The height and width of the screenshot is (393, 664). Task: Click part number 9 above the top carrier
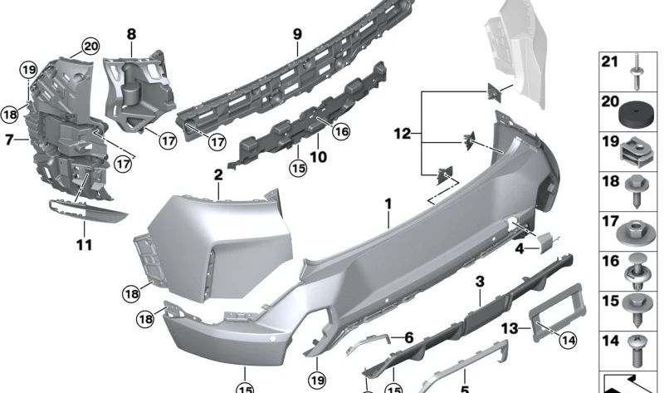click(296, 35)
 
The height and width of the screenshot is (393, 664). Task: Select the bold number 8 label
click(131, 34)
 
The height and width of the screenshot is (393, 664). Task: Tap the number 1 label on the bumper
click(387, 202)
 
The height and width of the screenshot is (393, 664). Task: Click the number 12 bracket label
click(402, 133)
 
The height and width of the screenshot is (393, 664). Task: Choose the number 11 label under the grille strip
click(85, 245)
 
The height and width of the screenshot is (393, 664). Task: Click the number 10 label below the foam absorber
click(318, 155)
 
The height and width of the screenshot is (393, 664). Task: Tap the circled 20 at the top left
click(90, 47)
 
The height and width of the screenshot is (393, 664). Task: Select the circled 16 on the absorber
click(341, 130)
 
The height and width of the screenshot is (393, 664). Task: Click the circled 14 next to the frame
click(568, 338)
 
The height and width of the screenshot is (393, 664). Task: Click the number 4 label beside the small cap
click(519, 247)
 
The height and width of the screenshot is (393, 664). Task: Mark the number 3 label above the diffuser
click(480, 283)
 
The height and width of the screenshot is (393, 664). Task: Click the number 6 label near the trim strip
click(408, 337)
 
